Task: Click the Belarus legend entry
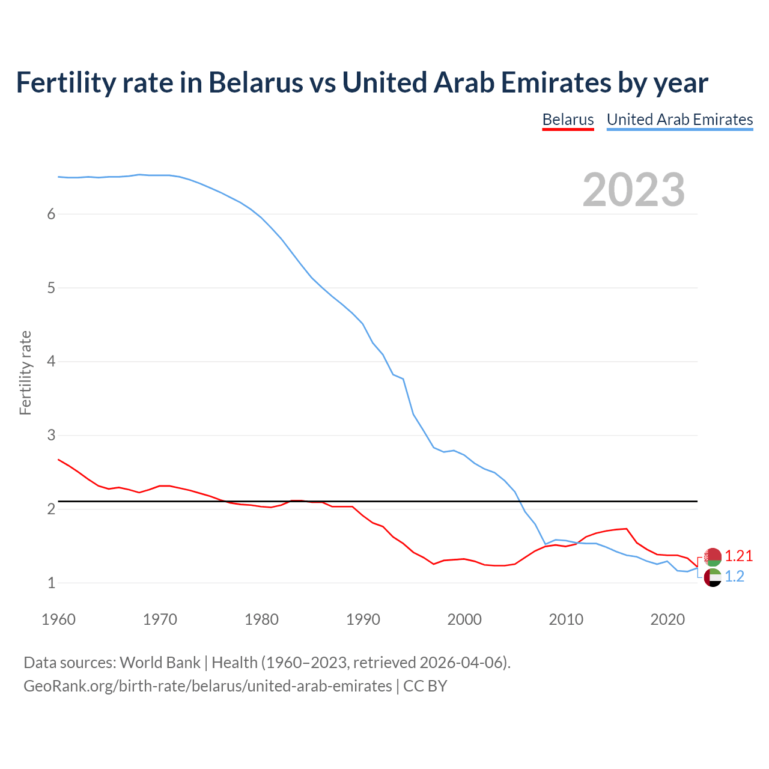pyautogui.click(x=568, y=120)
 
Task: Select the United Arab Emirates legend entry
pyautogui.click(x=679, y=120)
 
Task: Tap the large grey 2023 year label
pyautogui.click(x=633, y=190)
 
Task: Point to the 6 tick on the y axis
pyautogui.click(x=51, y=214)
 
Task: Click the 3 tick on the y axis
pyautogui.click(x=51, y=436)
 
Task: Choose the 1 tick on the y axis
pyautogui.click(x=51, y=583)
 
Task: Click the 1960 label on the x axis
pyautogui.click(x=58, y=619)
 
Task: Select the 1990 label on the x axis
pyautogui.click(x=363, y=619)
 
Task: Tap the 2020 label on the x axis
pyautogui.click(x=667, y=619)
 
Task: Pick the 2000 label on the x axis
pyautogui.click(x=464, y=619)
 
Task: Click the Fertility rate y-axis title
pyautogui.click(x=25, y=372)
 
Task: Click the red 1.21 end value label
pyautogui.click(x=738, y=556)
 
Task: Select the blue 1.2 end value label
pyautogui.click(x=734, y=577)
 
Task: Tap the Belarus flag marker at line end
pyautogui.click(x=713, y=557)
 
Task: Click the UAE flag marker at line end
pyautogui.click(x=713, y=578)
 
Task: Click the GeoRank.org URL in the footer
pyautogui.click(x=207, y=686)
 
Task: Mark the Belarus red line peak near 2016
pyautogui.click(x=627, y=529)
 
